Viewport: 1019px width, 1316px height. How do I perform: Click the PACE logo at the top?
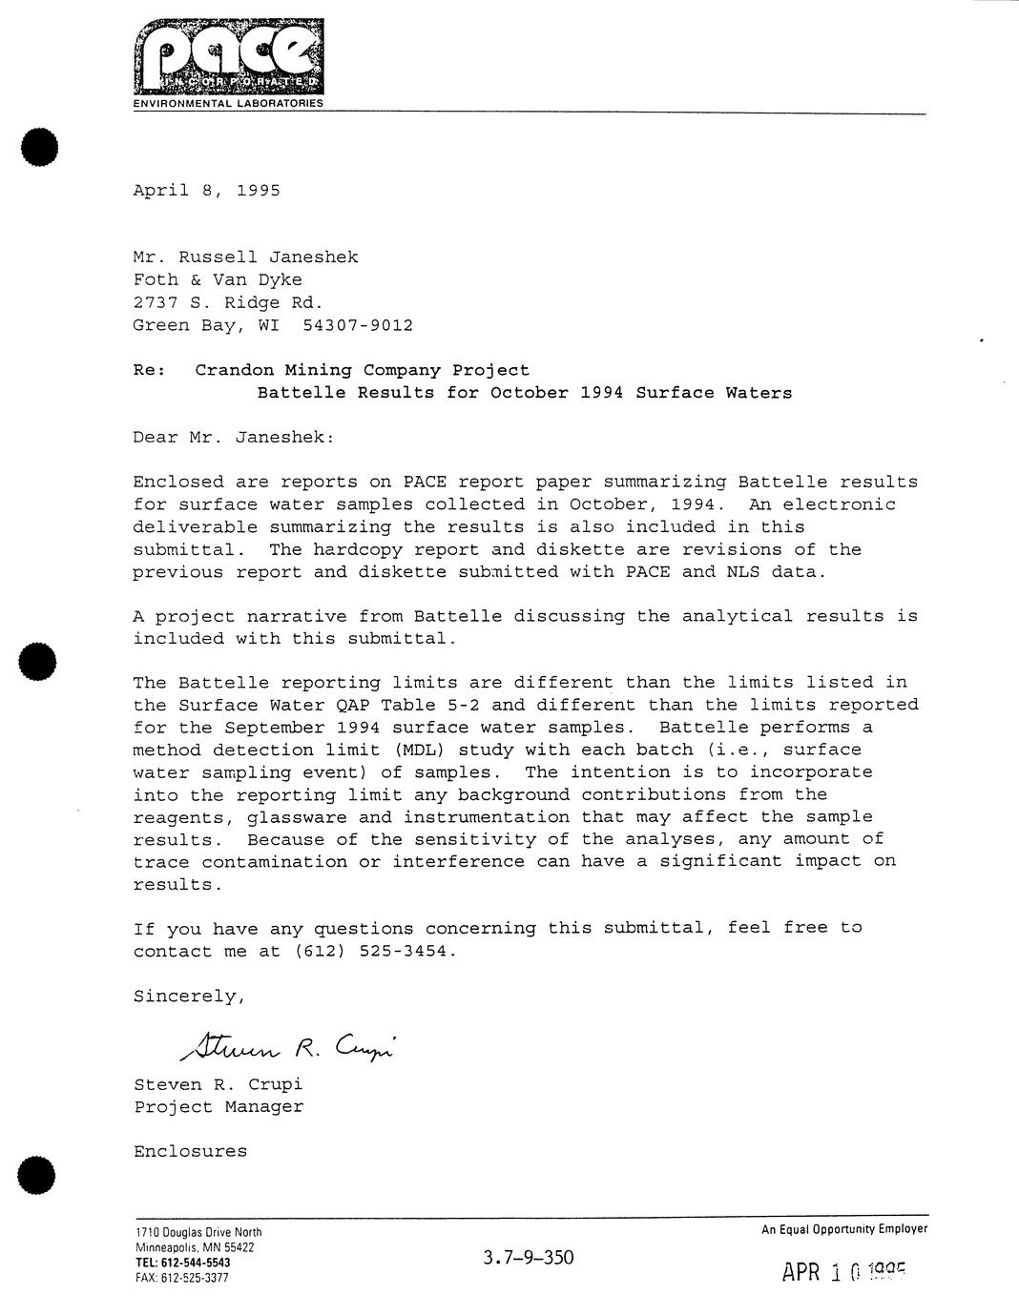(x=228, y=56)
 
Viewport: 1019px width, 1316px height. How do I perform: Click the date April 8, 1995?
(x=206, y=190)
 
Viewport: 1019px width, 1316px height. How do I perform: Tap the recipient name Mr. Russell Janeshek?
(x=245, y=257)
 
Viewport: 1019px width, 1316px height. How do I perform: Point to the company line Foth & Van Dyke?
(x=217, y=279)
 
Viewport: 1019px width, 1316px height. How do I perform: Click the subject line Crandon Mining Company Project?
(x=362, y=370)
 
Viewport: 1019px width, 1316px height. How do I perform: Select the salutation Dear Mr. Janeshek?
(x=234, y=438)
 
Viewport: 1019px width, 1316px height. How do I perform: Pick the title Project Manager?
(x=218, y=1106)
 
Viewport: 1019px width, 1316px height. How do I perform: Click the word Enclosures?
(x=190, y=1151)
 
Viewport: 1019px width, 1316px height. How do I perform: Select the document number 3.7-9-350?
(x=529, y=1257)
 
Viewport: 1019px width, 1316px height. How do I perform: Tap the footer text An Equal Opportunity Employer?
(x=843, y=1229)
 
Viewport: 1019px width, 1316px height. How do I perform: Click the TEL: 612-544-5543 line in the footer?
(x=182, y=1263)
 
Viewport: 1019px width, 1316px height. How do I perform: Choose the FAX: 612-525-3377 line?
(x=181, y=1278)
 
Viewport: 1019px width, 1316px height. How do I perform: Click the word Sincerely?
(x=189, y=997)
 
